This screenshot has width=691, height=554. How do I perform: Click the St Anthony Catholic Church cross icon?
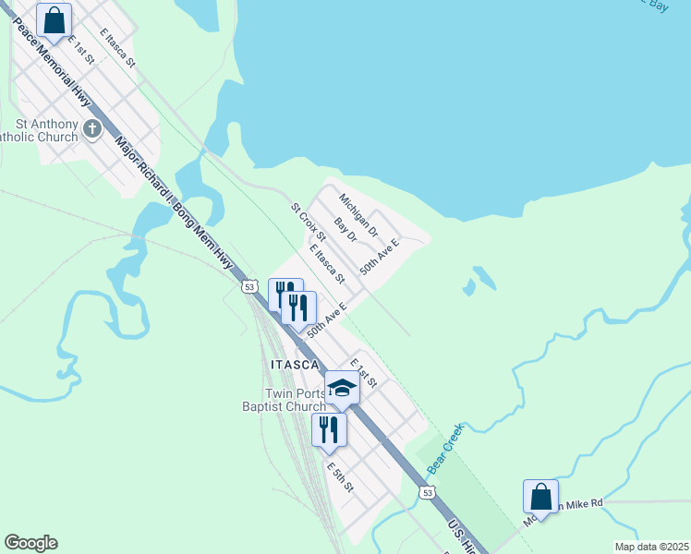click(92, 128)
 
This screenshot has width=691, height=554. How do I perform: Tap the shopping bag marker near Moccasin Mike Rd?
click(539, 496)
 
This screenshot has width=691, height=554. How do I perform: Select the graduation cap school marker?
click(341, 388)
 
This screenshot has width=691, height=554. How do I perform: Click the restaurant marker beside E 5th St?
click(328, 429)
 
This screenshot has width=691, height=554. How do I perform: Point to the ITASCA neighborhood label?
click(295, 365)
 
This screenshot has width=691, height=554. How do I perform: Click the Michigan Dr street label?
click(358, 214)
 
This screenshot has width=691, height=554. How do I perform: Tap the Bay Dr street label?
click(345, 230)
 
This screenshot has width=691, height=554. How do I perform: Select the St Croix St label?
click(304, 224)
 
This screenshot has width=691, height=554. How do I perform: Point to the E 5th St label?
click(340, 476)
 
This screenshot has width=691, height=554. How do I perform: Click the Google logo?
click(30, 543)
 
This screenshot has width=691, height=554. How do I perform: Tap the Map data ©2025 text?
click(650, 547)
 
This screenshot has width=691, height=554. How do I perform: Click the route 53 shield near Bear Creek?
click(427, 493)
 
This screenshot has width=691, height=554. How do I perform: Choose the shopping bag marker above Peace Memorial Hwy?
click(55, 21)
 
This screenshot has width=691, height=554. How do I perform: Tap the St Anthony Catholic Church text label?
click(42, 131)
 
